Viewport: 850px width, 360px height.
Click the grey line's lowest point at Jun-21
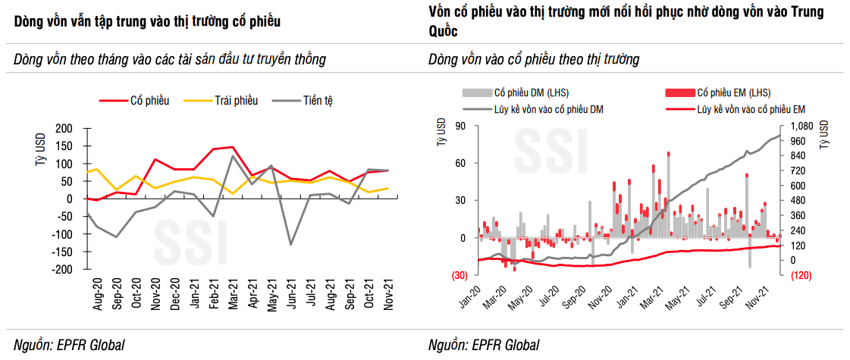click(290, 244)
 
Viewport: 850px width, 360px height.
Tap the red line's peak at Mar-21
click(231, 147)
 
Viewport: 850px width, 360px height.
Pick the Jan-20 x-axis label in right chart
click(471, 296)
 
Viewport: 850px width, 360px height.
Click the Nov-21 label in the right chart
click(773, 296)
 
